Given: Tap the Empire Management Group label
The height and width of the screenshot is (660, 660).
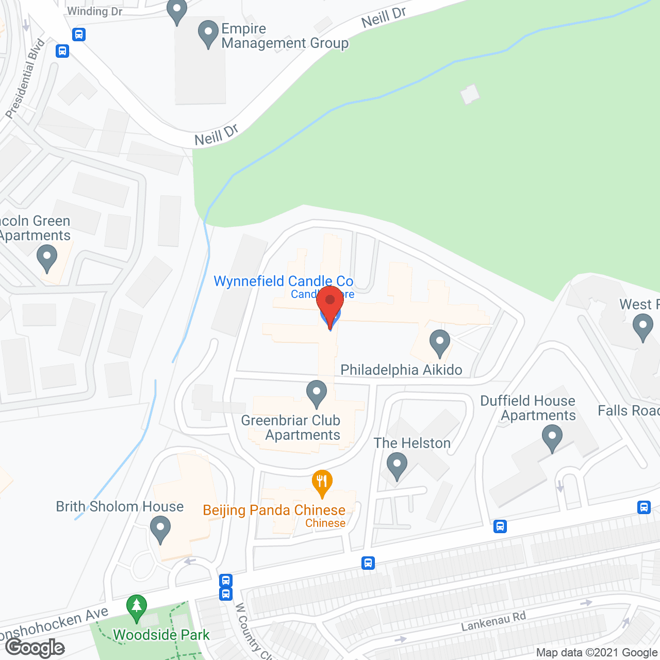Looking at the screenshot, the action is pos(285,36).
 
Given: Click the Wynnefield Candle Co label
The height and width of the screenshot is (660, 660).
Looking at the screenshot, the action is pos(284,281).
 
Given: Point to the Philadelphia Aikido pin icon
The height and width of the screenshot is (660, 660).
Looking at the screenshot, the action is pos(440,342).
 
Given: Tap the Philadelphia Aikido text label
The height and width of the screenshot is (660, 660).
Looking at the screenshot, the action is pos(401,370).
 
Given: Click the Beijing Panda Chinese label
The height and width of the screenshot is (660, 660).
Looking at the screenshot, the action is pos(274,510).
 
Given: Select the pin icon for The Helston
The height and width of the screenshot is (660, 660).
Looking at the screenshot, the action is pos(397,465).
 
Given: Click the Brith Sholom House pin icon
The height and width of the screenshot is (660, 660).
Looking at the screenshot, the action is pos(160,529).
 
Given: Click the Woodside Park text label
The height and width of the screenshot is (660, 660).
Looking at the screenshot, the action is pos(161,635).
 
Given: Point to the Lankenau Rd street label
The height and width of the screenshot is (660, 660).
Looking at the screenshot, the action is pos(493,621).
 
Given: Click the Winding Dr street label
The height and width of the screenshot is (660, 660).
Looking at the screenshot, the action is pos(95,11).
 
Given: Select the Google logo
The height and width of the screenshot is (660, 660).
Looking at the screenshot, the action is pos(35,648).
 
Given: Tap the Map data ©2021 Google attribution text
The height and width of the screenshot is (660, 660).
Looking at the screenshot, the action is pos(597,653).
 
